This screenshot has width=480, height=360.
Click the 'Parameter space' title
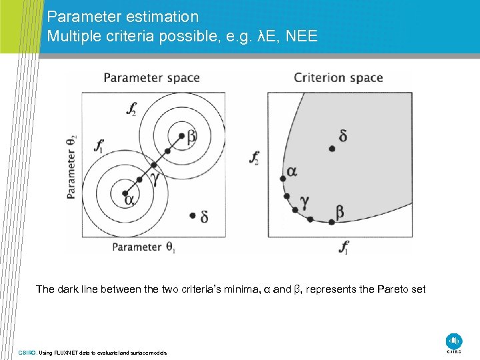click(x=151, y=78)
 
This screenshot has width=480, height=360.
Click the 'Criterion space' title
click(x=338, y=78)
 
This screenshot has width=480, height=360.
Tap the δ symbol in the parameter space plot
click(x=204, y=217)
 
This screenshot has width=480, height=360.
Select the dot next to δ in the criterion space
click(x=332, y=149)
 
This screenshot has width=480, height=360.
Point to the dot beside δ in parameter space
click(x=193, y=215)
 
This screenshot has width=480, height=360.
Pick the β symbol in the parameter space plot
click(x=191, y=137)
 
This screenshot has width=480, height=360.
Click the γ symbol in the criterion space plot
click(x=304, y=200)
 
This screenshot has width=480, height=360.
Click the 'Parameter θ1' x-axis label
click(x=143, y=247)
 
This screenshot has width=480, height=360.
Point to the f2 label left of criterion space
click(x=254, y=158)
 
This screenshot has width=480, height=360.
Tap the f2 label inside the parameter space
click(x=133, y=109)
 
